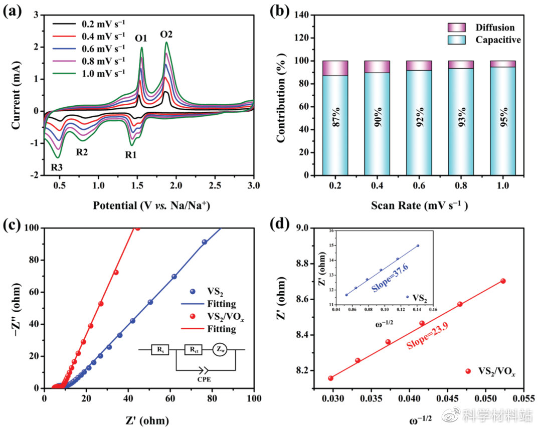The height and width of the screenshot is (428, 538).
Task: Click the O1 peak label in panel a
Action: click(141, 39)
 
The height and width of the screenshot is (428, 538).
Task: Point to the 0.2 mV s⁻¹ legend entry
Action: click(97, 23)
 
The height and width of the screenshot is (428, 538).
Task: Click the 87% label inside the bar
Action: click(335, 119)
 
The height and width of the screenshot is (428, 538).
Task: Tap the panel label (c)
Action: click(12, 224)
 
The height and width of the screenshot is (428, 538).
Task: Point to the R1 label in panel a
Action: click(131, 155)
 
